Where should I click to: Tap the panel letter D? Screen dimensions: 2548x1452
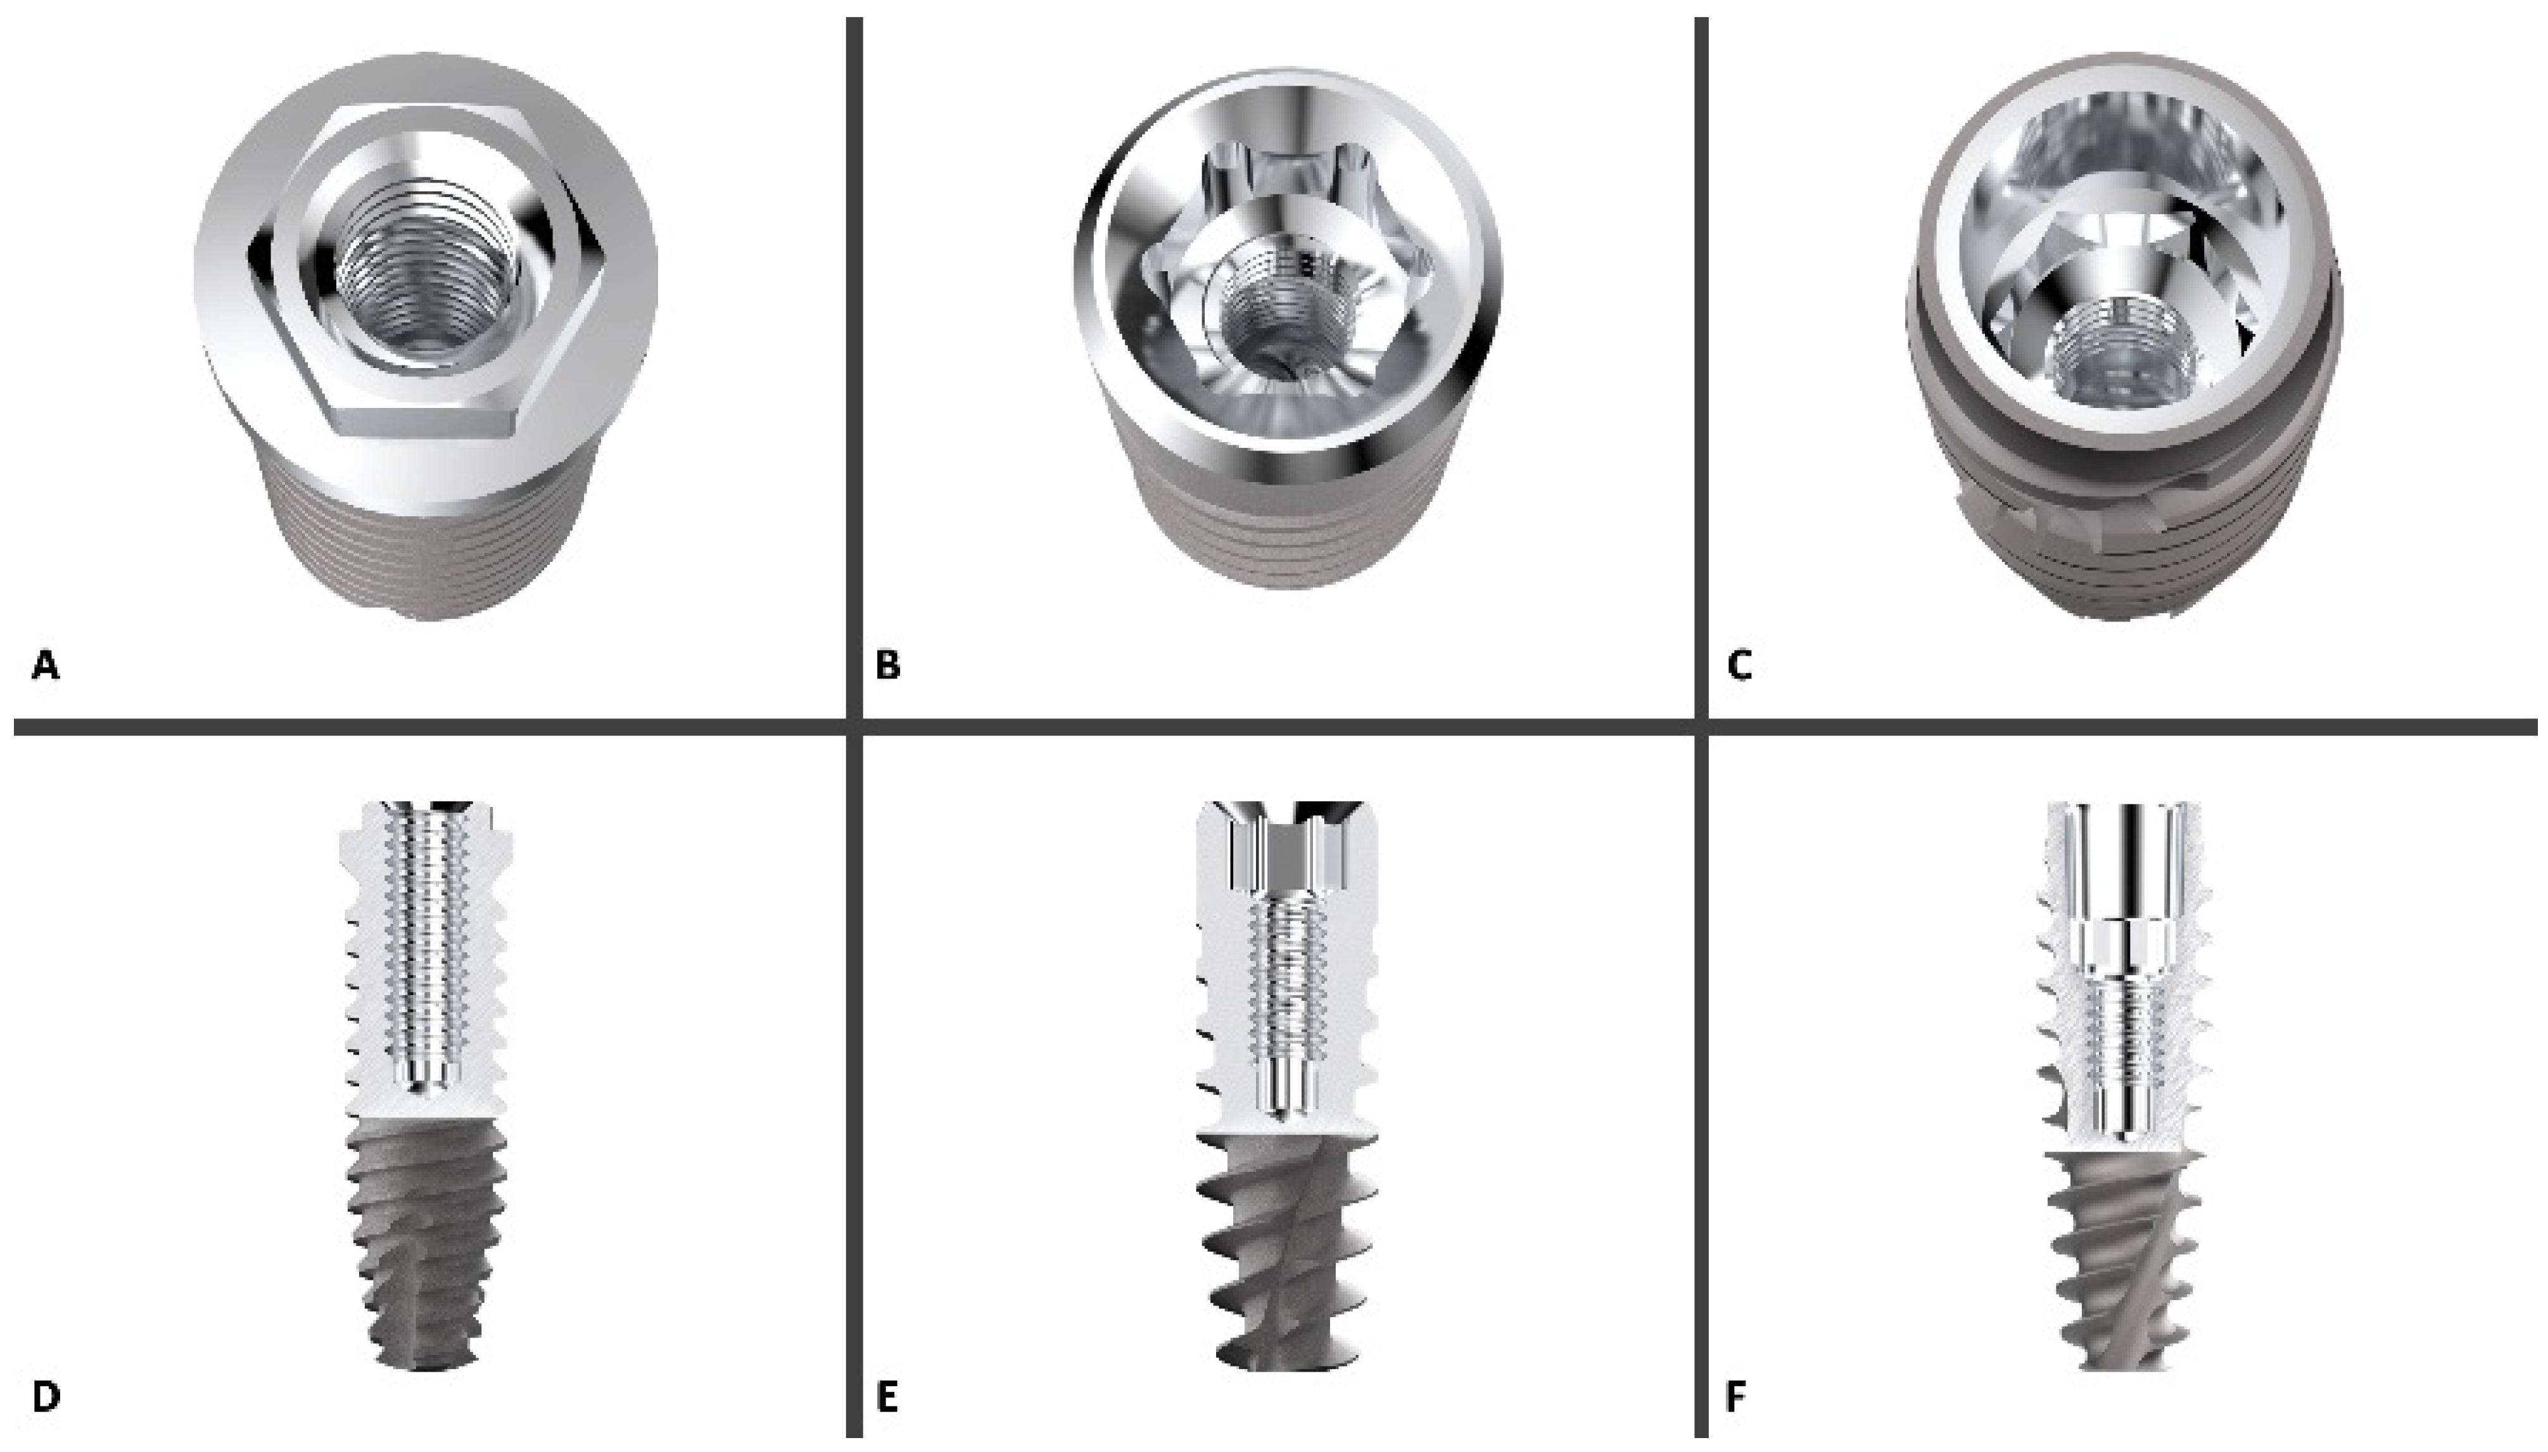coord(46,1397)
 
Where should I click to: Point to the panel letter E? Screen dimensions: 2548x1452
coord(886,1397)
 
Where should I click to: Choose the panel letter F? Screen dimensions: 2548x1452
coord(1735,1397)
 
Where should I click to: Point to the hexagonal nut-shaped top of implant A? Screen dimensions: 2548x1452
coord(427,269)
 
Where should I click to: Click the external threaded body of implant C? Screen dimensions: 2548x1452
coord(2123,528)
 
